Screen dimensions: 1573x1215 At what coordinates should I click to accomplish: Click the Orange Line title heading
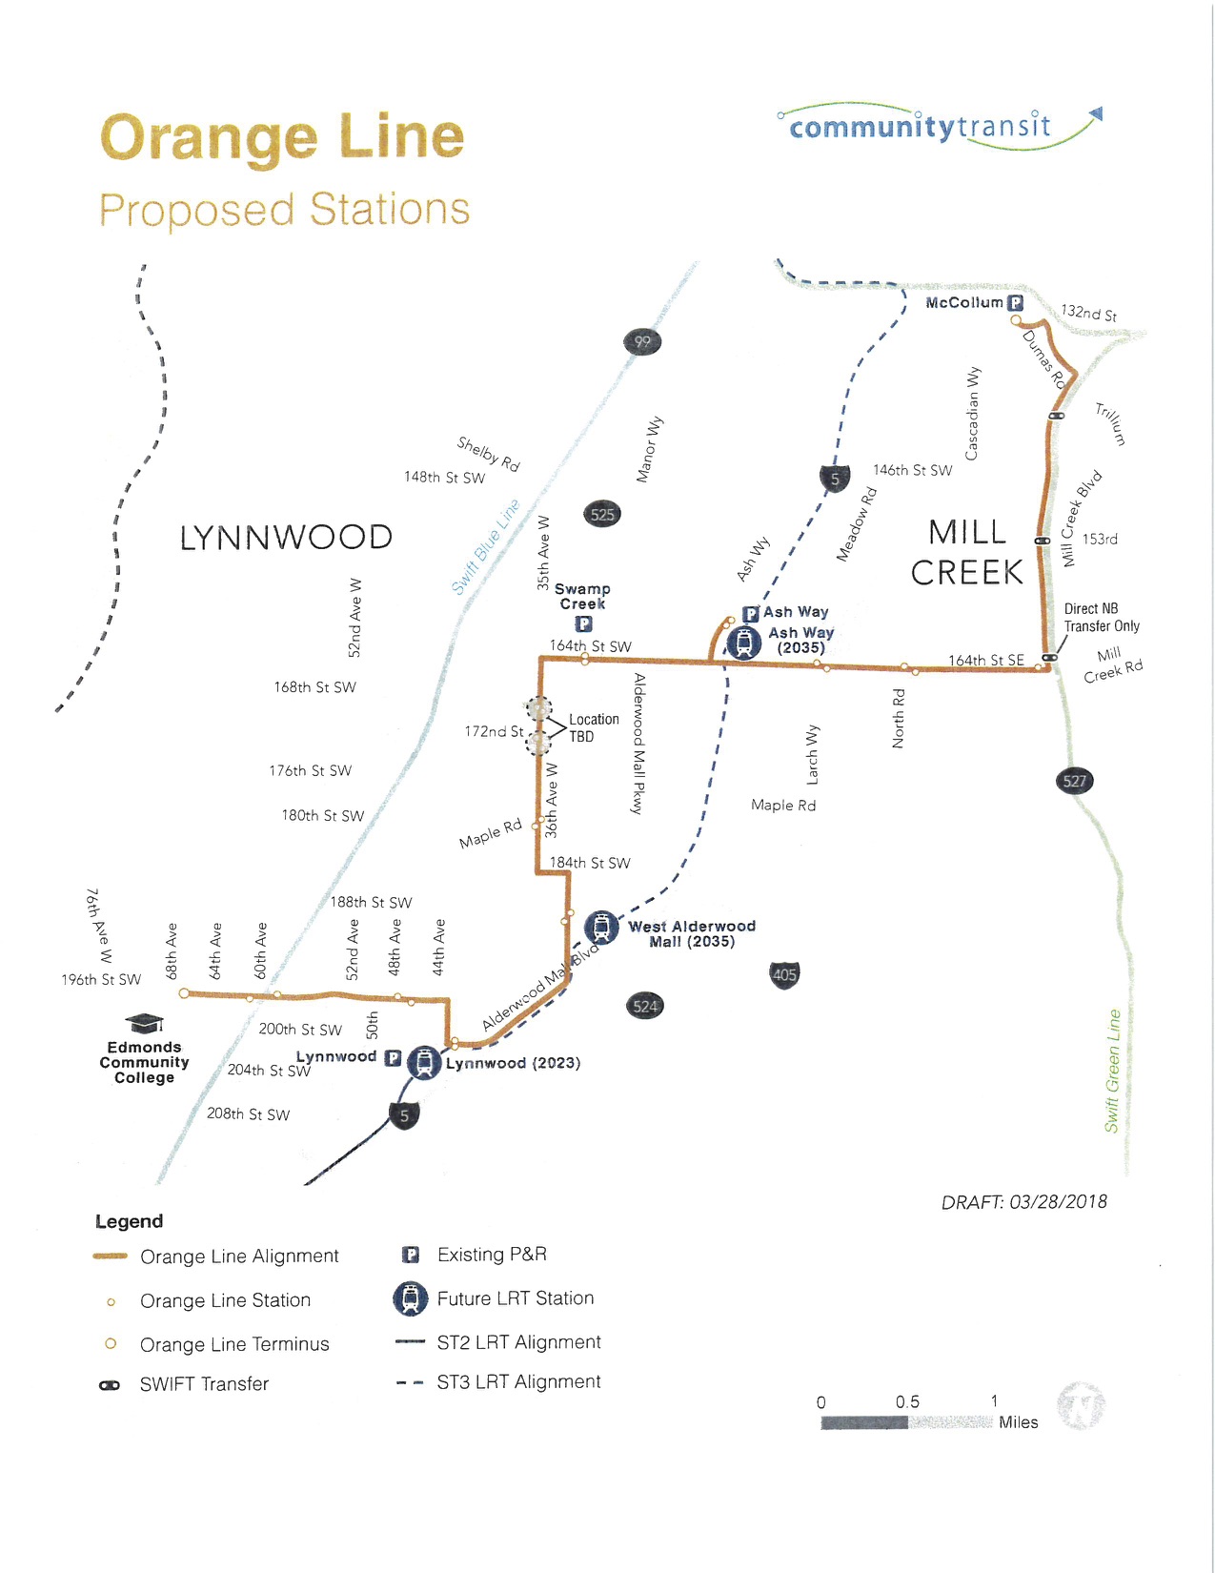click(x=282, y=137)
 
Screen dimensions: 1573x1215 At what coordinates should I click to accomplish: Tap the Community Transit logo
click(x=939, y=127)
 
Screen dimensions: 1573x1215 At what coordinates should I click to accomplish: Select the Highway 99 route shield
click(x=642, y=341)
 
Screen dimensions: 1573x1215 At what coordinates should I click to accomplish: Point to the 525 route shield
click(x=602, y=515)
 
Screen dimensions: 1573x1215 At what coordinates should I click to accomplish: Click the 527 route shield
click(x=1075, y=781)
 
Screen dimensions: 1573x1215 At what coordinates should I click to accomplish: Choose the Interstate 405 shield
click(x=784, y=974)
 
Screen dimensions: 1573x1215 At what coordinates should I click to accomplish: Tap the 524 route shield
click(x=645, y=1006)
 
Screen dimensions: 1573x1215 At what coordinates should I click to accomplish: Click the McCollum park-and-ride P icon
click(x=1016, y=303)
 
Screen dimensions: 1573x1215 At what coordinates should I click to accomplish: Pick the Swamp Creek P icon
click(x=583, y=623)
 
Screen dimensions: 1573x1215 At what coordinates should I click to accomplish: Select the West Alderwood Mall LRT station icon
click(x=600, y=927)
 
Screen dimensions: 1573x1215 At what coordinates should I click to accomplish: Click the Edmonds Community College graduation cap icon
click(x=145, y=1024)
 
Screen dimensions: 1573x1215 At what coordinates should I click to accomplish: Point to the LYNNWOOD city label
click(x=286, y=538)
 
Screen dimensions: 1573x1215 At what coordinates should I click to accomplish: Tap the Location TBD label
click(x=594, y=728)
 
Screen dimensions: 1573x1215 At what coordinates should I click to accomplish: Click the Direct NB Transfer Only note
click(x=1102, y=618)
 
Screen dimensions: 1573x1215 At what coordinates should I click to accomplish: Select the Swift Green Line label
click(x=1113, y=1071)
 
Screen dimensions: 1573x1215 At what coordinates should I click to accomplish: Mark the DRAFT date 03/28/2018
click(x=1023, y=1202)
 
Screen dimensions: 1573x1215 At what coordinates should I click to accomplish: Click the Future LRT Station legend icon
click(x=411, y=1298)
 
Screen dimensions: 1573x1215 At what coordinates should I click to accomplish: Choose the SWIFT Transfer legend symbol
click(x=110, y=1385)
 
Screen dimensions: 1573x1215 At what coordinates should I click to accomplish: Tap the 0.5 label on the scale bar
click(x=907, y=1401)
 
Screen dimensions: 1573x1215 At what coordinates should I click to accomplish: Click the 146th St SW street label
click(x=912, y=470)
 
